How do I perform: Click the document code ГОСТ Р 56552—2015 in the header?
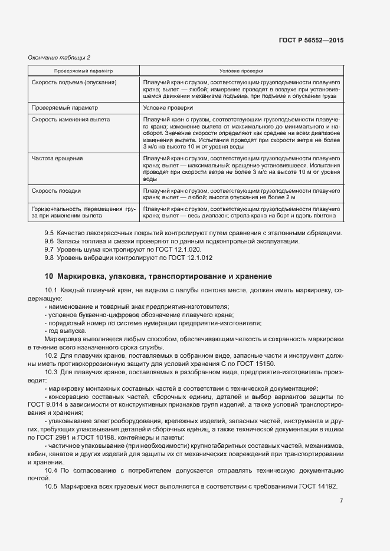click(311, 41)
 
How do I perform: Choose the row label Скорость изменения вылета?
click(70, 119)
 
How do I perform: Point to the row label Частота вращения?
click(57, 158)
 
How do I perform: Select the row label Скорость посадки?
click(57, 190)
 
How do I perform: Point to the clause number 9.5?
click(49, 233)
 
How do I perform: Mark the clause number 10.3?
click(51, 371)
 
